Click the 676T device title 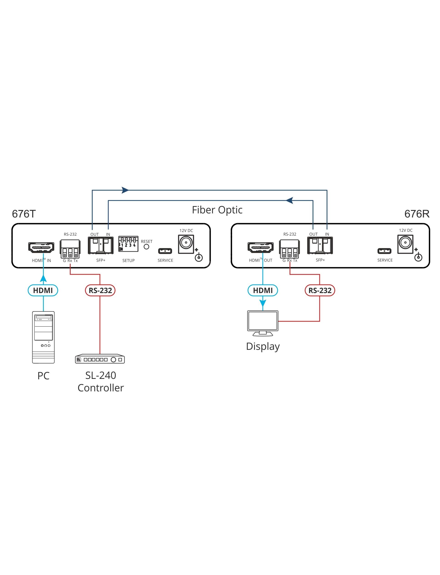click(24, 214)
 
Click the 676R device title click(417, 214)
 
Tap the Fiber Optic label click(217, 210)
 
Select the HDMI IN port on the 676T click(41, 247)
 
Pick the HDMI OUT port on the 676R click(261, 247)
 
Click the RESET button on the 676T click(146, 247)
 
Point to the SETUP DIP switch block click(128, 244)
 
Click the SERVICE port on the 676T click(165, 251)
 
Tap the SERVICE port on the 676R click(384, 251)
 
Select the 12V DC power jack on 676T click(186, 244)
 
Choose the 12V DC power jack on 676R click(405, 244)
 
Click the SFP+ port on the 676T click(101, 245)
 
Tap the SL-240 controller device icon click(100, 359)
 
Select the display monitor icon click(263, 323)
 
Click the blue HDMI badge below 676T click(43, 290)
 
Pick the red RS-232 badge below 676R click(320, 290)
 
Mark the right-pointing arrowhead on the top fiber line click(125, 190)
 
